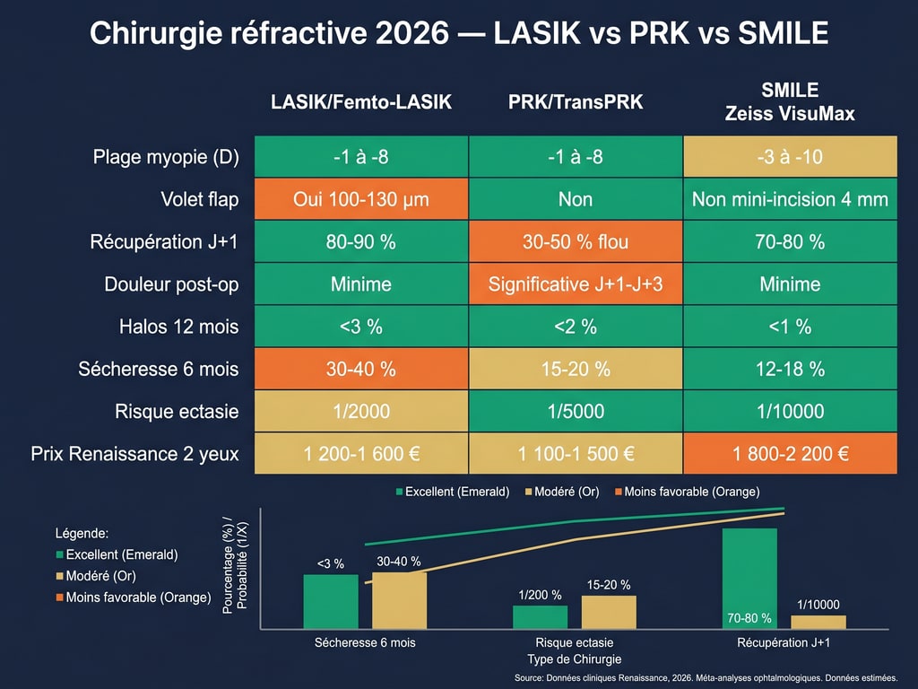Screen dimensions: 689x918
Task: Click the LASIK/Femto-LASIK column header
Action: (360, 102)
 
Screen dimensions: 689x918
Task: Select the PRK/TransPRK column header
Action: (576, 102)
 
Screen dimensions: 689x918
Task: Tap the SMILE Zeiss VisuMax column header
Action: (790, 102)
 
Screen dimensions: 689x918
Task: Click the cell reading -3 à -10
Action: (790, 157)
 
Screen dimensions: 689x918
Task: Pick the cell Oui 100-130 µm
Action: (360, 199)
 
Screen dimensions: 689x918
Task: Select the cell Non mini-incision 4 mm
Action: (790, 199)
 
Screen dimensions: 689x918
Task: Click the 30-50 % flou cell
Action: (576, 242)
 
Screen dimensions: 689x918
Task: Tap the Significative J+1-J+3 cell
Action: (576, 284)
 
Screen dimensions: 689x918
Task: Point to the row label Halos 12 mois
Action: (178, 327)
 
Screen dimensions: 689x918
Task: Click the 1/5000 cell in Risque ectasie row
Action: (576, 412)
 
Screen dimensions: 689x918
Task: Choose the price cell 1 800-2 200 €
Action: (790, 454)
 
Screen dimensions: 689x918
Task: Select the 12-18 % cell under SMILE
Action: (790, 369)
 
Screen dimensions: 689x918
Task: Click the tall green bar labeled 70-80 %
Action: (749, 574)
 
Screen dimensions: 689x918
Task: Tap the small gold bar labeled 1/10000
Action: (818, 621)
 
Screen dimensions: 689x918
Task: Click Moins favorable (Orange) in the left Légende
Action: (138, 597)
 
